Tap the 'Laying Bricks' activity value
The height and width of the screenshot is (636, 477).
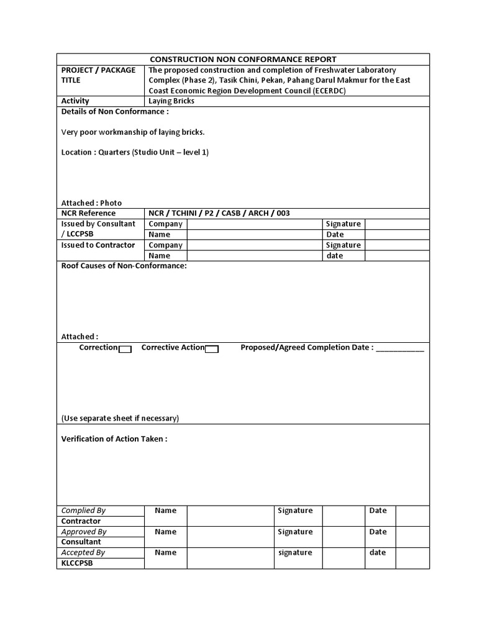(171, 101)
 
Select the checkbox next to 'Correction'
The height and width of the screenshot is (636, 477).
(125, 349)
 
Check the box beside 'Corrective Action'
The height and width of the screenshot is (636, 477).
(212, 349)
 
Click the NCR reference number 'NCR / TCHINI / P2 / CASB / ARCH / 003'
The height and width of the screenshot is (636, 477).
(219, 213)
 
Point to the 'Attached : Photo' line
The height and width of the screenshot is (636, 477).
(91, 203)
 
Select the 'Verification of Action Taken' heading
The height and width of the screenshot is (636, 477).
(114, 439)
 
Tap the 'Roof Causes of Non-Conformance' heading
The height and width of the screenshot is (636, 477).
(124, 266)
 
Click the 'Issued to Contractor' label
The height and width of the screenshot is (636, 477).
(98, 245)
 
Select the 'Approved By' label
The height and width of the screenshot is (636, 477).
(84, 532)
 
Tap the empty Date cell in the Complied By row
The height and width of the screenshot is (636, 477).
(412, 516)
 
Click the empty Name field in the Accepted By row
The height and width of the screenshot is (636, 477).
(230, 558)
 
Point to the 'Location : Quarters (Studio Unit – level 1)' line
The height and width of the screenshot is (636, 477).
(135, 152)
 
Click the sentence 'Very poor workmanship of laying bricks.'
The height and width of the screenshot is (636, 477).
(133, 132)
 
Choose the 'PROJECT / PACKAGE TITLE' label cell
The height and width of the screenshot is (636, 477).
(98, 75)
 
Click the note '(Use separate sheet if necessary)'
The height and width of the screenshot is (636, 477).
(120, 418)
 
